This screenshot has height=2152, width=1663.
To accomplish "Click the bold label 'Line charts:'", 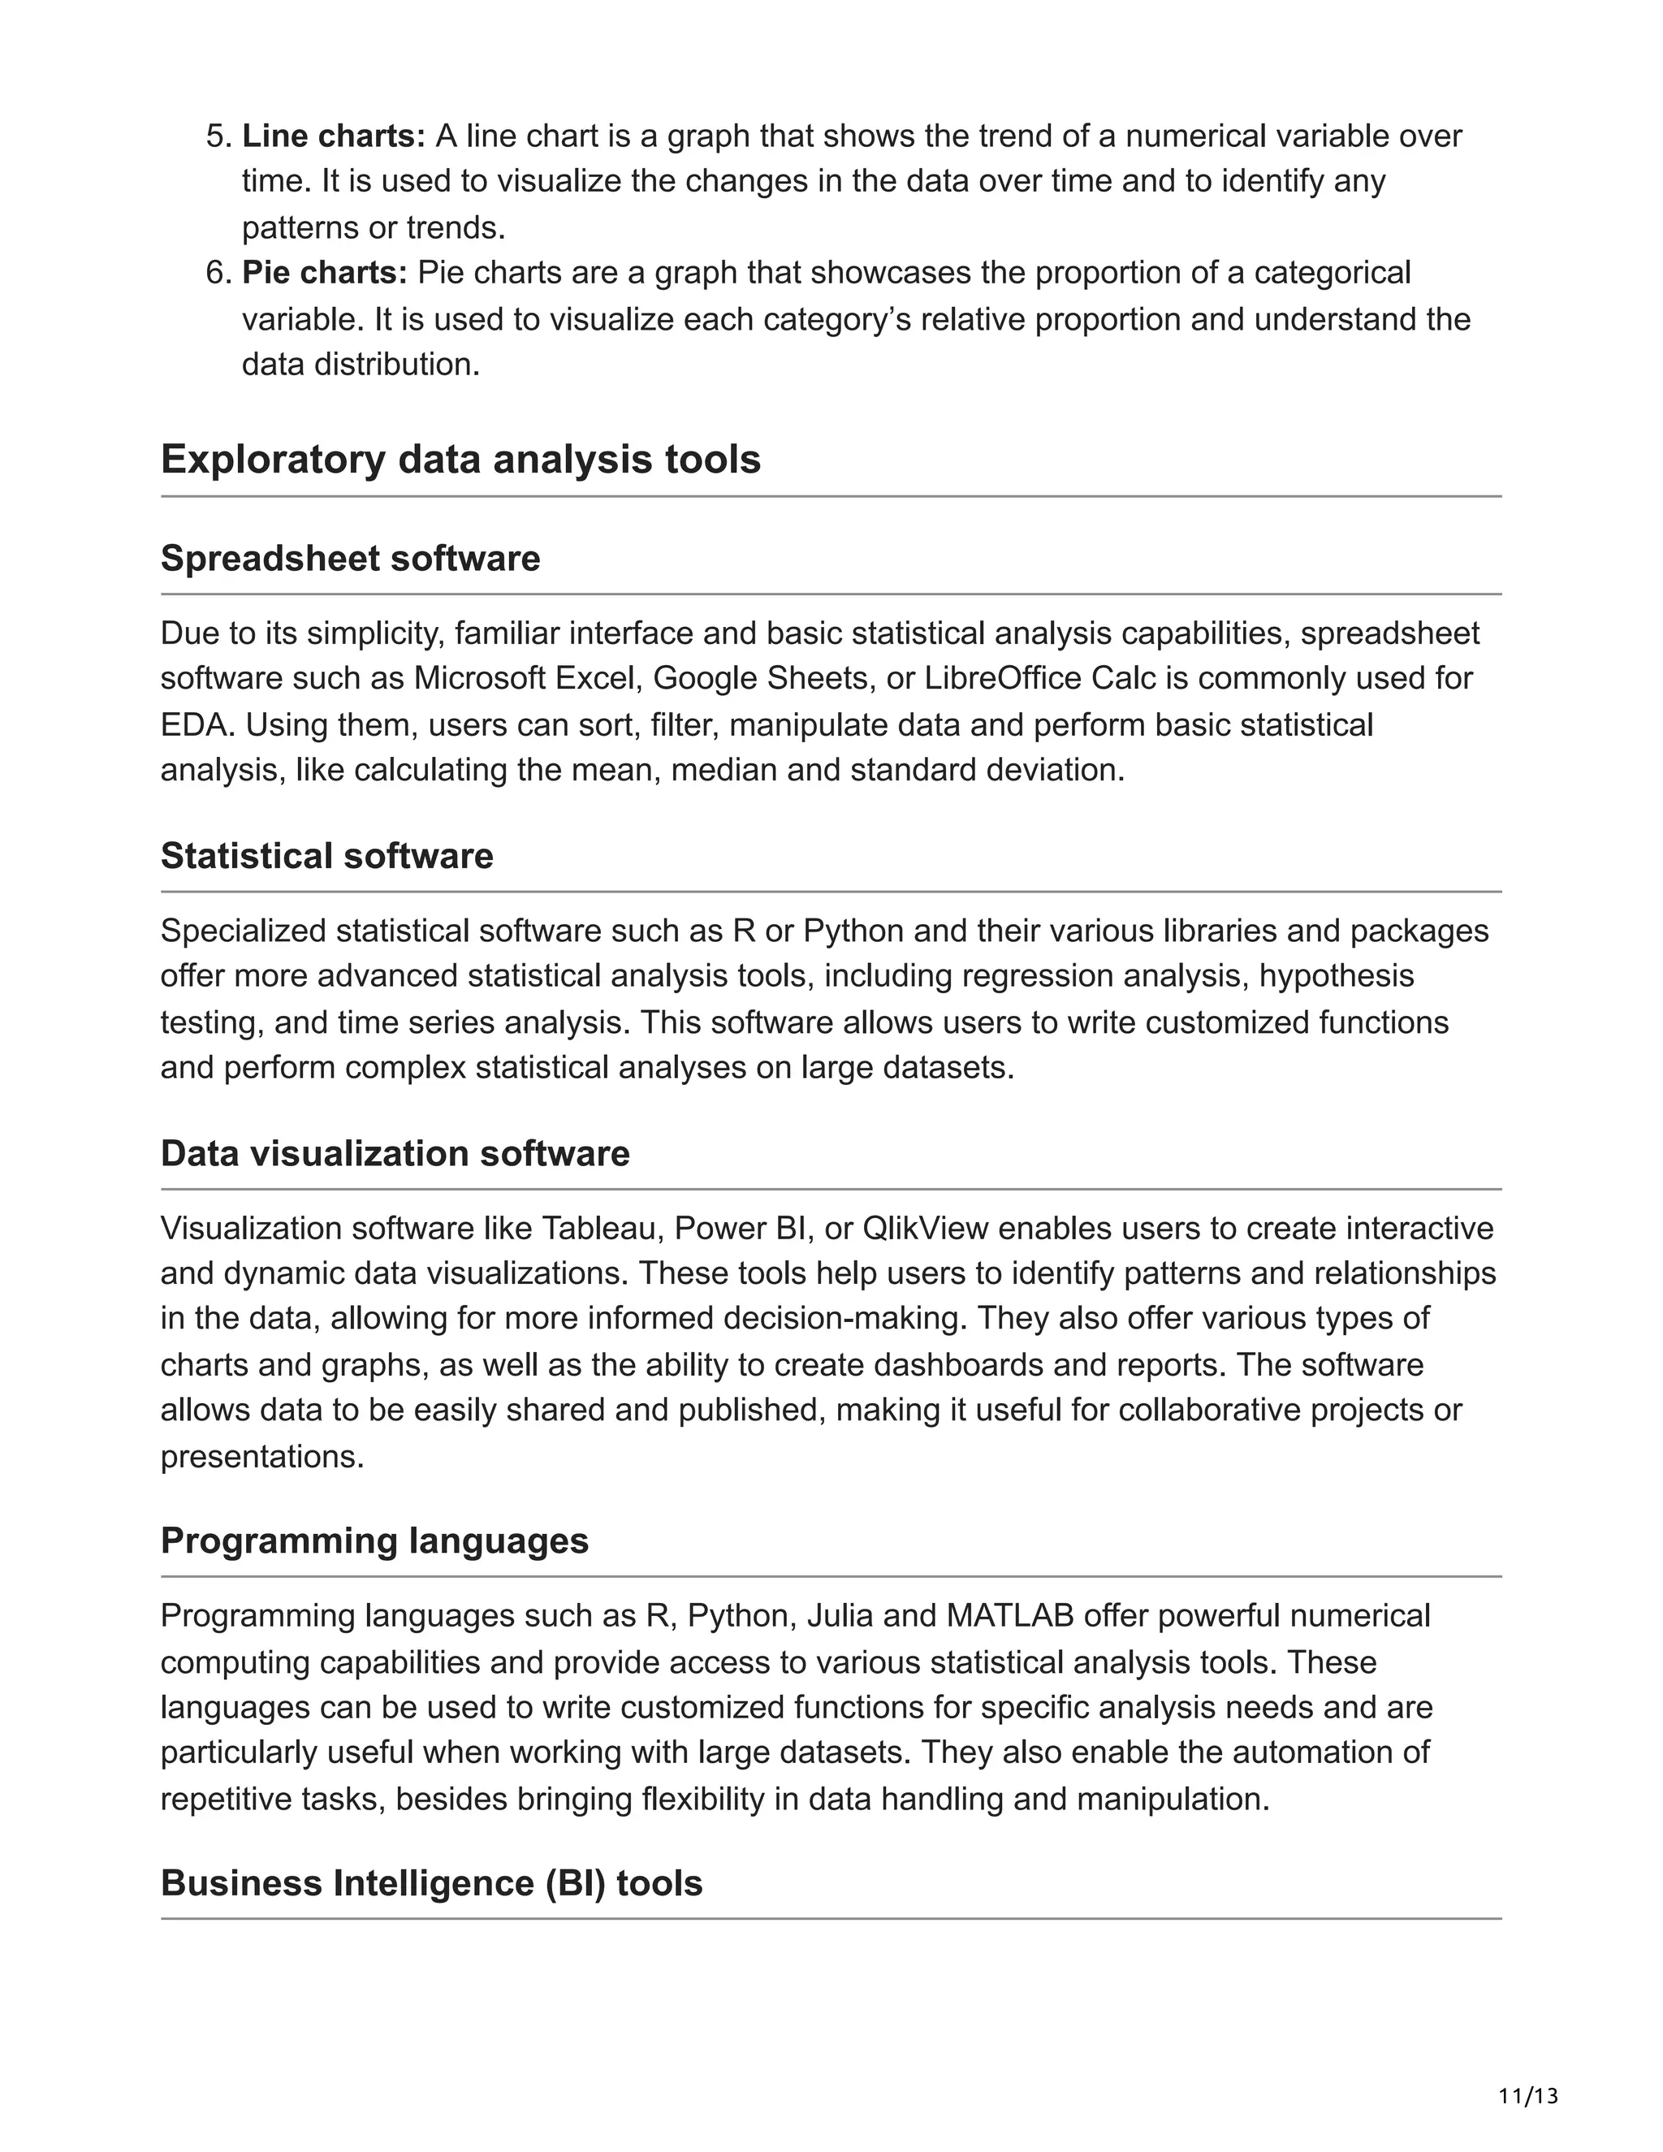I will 334,136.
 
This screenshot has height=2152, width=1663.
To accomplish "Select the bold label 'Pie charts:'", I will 324,273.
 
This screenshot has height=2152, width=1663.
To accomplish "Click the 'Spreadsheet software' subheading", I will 350,559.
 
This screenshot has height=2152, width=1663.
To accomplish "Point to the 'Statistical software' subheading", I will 326,856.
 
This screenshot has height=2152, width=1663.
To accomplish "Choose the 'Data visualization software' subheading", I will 395,1154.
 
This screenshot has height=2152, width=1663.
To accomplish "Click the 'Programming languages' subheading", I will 374,1541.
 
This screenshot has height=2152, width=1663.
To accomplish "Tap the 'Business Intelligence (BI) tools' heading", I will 431,1883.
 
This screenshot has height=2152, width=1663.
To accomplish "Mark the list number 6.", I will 216,273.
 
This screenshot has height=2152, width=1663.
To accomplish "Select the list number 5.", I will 216,136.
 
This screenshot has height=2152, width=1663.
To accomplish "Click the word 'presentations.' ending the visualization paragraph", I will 262,1456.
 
